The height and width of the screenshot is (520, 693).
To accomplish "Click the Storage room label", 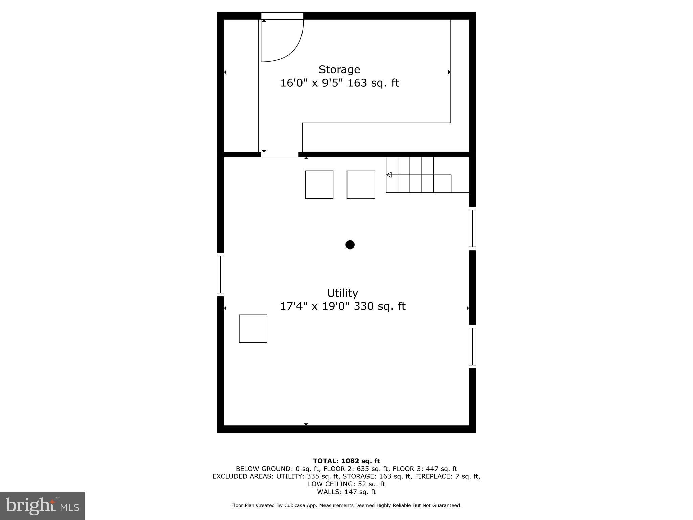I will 339,70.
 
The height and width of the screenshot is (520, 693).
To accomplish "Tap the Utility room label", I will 342,293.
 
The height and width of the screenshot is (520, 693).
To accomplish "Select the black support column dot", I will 350,245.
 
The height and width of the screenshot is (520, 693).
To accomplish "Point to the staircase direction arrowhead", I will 389,175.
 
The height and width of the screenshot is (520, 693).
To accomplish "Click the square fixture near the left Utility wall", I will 253,328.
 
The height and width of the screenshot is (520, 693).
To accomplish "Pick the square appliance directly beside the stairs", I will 361,185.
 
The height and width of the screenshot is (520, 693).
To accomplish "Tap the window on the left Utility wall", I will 220,274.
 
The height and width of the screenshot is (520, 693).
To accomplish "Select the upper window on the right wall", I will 472,229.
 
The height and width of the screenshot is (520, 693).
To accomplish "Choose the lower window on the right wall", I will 472,346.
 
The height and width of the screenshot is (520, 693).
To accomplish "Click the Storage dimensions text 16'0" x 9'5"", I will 312,83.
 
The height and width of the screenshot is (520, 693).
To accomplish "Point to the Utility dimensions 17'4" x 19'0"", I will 314,306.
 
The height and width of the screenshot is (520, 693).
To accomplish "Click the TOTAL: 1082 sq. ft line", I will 346,461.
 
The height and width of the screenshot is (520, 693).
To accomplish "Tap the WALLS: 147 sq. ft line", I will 346,492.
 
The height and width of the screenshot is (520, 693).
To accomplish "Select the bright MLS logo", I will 42,506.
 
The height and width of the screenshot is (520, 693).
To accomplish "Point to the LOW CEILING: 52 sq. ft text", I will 346,484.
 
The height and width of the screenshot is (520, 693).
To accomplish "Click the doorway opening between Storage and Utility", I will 280,155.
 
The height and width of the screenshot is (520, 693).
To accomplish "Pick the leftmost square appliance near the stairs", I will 319,185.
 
